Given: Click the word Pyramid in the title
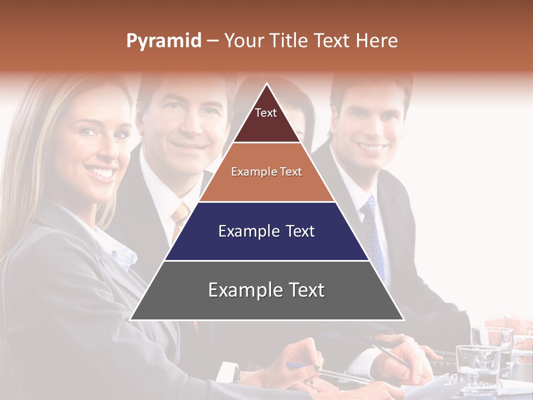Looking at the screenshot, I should (x=163, y=41).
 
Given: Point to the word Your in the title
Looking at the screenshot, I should (x=244, y=41).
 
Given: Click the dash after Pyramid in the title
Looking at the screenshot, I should (x=212, y=41).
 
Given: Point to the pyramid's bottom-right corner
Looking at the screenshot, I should (x=403, y=319).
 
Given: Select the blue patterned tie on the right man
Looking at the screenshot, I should (x=373, y=233).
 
